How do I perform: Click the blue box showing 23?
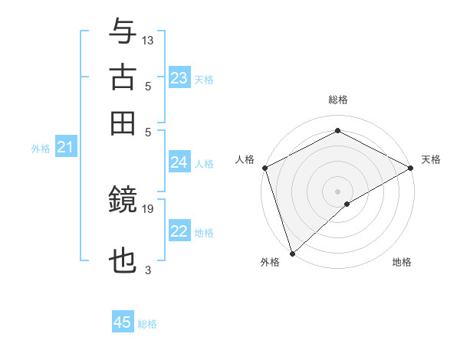tap(179, 78)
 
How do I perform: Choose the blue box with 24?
tap(179, 162)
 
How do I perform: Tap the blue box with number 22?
tap(179, 231)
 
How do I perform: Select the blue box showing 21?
tap(65, 147)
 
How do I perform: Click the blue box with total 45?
tap(123, 322)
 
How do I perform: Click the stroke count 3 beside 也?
tap(148, 270)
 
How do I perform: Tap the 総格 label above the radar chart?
tap(337, 100)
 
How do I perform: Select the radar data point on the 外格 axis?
tap(292, 253)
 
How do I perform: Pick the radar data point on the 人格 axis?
tap(264, 167)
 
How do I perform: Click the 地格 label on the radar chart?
tap(402, 263)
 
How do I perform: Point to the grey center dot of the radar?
tap(337, 191)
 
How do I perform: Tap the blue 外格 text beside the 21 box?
tap(40, 148)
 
